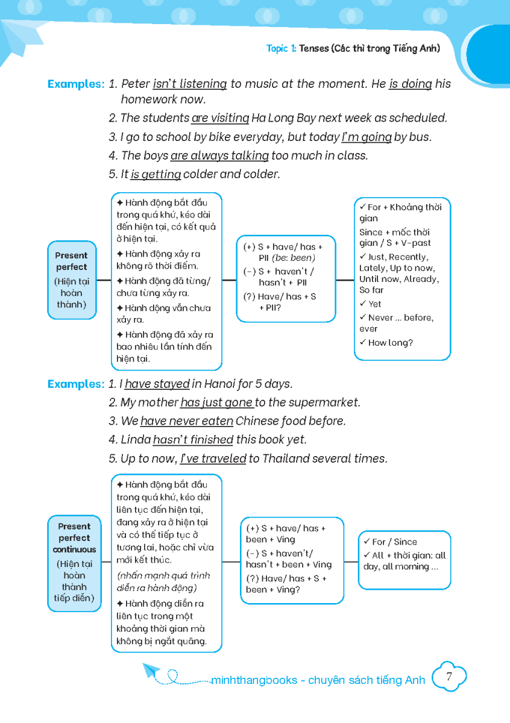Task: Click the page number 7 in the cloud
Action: pyautogui.click(x=449, y=677)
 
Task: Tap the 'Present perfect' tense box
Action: pyautogui.click(x=72, y=280)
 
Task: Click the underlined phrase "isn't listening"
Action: pyautogui.click(x=190, y=84)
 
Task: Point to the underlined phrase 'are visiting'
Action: pyautogui.click(x=220, y=118)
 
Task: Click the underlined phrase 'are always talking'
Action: pyautogui.click(x=219, y=155)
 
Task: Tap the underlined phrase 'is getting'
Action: pyautogui.click(x=156, y=174)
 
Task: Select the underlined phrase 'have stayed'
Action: pyautogui.click(x=157, y=384)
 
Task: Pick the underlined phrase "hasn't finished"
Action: pyautogui.click(x=193, y=440)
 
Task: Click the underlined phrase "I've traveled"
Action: pyautogui.click(x=213, y=459)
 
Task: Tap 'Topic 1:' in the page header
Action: pyautogui.click(x=281, y=49)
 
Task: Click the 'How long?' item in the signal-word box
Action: pyautogui.click(x=390, y=343)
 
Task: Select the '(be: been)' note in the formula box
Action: pyautogui.click(x=294, y=258)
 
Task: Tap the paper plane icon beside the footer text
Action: pyautogui.click(x=151, y=671)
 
